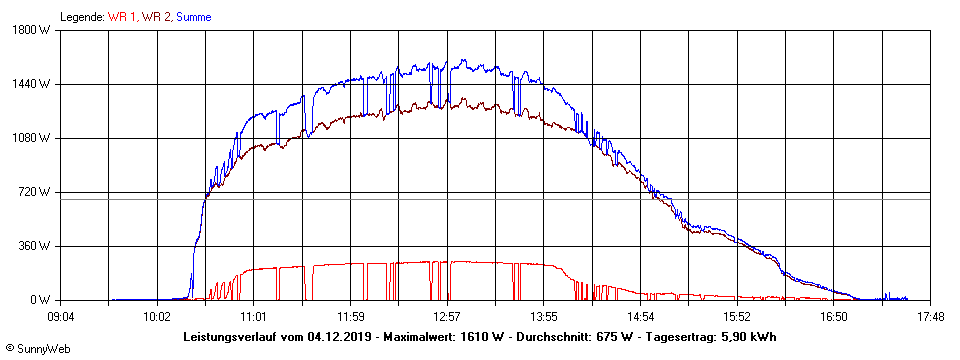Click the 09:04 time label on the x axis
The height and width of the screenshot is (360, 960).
click(61, 317)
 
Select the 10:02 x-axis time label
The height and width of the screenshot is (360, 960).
click(157, 317)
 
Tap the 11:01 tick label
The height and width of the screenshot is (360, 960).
click(254, 317)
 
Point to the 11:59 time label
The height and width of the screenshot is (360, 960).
click(351, 317)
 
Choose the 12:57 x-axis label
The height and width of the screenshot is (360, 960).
click(447, 317)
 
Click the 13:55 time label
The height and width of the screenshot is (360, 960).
click(544, 317)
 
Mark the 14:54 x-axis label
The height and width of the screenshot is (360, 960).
click(641, 317)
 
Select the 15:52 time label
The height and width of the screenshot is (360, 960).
click(737, 317)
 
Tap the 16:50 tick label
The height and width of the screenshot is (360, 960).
click(834, 317)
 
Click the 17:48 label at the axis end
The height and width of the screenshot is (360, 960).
click(930, 317)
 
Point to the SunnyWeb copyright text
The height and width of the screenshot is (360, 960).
click(38, 348)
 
